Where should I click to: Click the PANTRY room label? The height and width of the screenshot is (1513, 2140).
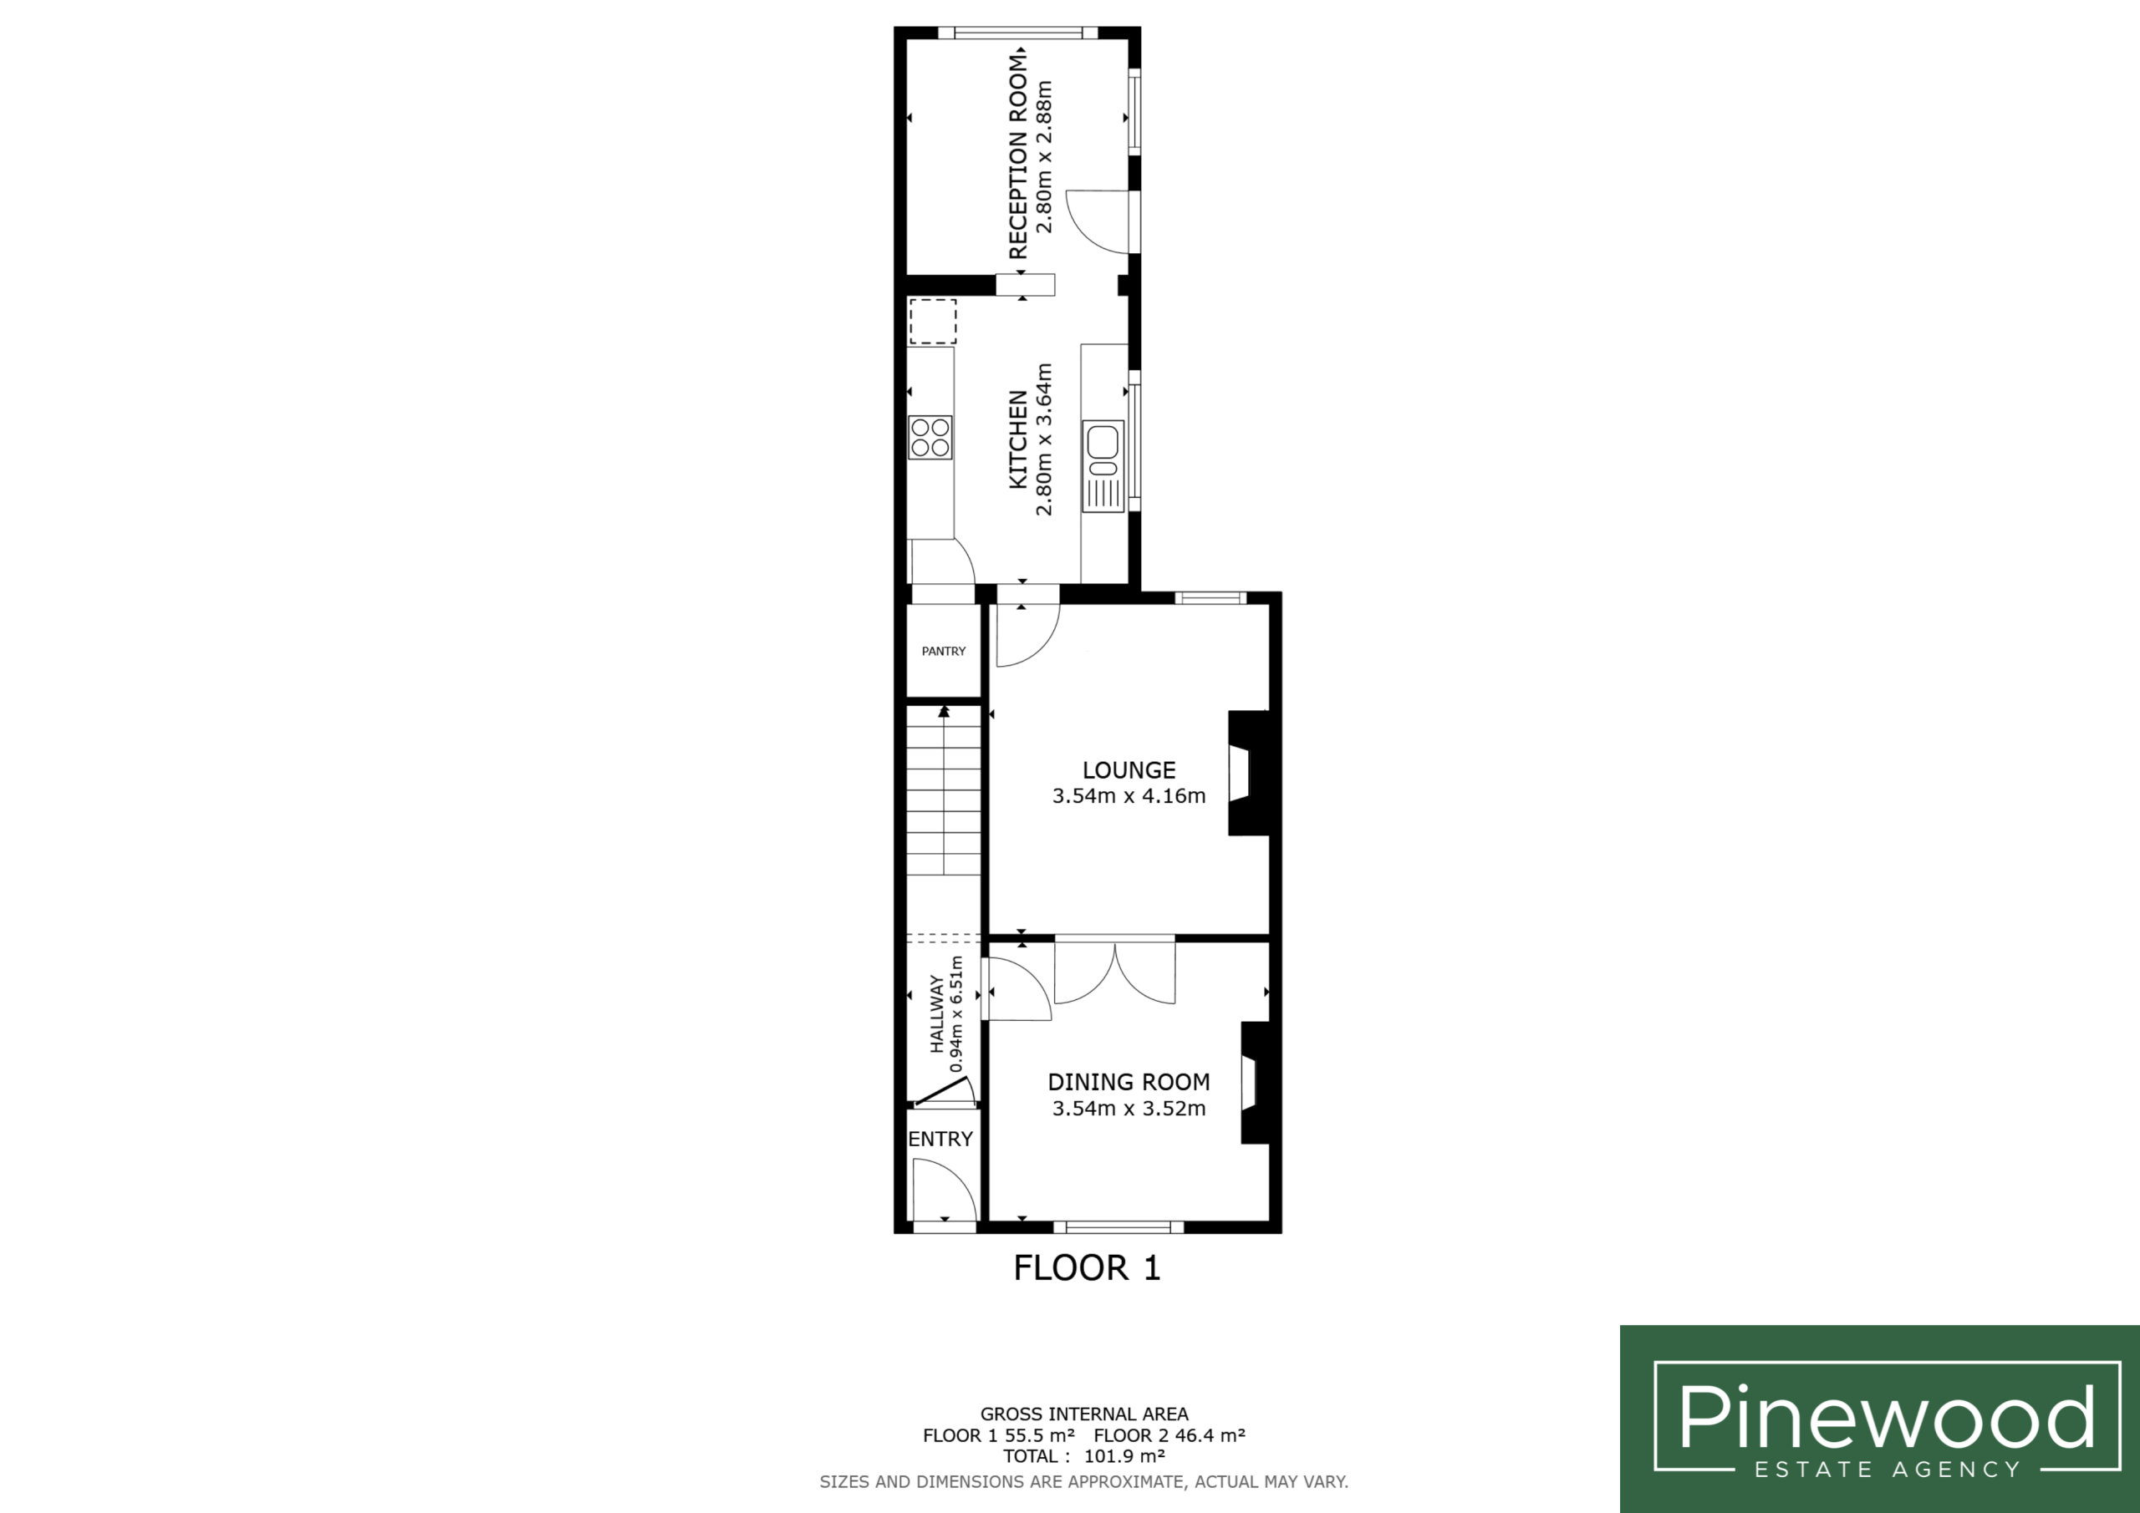(943, 651)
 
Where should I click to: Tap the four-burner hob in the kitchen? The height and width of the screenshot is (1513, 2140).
(930, 438)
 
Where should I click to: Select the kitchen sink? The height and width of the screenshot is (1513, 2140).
(1103, 466)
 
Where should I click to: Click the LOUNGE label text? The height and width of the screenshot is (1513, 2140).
(1129, 770)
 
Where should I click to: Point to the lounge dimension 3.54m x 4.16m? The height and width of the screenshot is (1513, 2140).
(1129, 795)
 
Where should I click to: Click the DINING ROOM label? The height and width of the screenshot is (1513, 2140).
(1129, 1082)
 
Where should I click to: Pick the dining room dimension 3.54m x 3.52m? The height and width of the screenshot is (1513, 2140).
(1129, 1109)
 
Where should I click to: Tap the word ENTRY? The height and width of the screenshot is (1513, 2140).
(940, 1139)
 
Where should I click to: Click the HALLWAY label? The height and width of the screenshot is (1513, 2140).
(937, 1013)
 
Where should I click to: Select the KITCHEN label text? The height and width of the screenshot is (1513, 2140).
(1018, 439)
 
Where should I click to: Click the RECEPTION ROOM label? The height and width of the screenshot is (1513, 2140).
(1018, 155)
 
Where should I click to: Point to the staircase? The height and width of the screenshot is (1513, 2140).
(944, 791)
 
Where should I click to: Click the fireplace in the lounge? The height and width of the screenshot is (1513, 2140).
(1249, 774)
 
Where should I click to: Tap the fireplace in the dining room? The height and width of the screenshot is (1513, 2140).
(1255, 1084)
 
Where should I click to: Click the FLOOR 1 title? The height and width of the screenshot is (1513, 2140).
(1087, 1268)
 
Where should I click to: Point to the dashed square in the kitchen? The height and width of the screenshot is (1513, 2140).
(932, 322)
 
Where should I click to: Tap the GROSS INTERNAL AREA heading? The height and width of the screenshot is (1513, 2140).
(1084, 1414)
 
